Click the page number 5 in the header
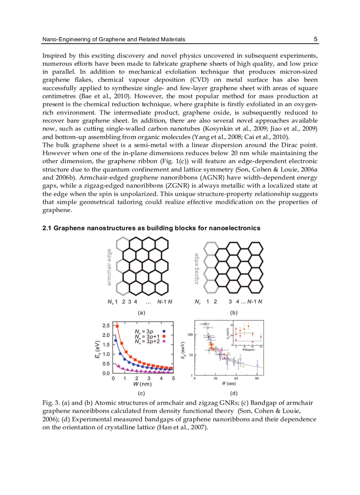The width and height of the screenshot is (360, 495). pos(315,39)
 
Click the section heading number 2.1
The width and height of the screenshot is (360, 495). pos(47,228)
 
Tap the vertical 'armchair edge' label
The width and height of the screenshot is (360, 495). pos(109,267)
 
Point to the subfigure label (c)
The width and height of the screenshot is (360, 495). pos(141,392)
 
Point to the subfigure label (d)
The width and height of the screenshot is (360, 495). pos(233,392)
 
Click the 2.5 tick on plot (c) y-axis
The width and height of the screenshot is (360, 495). pos(106,326)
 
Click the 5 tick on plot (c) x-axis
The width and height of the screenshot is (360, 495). pos(173,379)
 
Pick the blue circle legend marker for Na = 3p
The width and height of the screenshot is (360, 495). pos(164,331)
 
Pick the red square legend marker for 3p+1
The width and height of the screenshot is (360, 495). pos(164,336)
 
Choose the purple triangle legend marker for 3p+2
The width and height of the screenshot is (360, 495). pos(164,341)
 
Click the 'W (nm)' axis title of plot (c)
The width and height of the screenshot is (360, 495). pos(142,384)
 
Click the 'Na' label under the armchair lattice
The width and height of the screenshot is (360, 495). pos(110,302)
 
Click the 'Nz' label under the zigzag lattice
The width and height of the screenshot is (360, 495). pos(198,302)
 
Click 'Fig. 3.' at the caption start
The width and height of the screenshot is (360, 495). pos(50,403)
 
